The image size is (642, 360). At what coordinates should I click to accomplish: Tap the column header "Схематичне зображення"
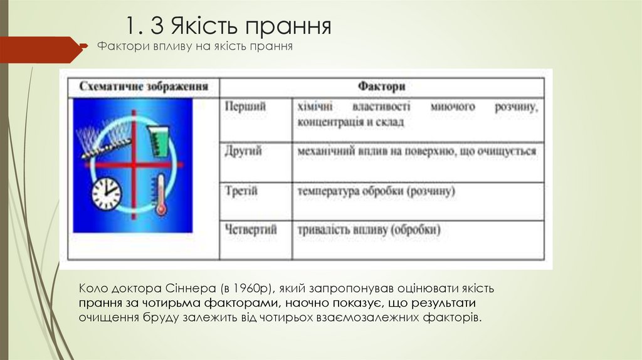(144, 86)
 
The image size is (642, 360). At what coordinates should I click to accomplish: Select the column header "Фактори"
(381, 86)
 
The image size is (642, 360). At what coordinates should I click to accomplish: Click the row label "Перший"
(245, 107)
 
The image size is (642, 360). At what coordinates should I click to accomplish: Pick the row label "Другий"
(244, 151)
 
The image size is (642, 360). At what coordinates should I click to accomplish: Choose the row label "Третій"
(241, 191)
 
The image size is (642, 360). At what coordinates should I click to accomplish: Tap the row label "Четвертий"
(251, 230)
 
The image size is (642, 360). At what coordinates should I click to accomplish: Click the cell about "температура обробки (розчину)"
(376, 191)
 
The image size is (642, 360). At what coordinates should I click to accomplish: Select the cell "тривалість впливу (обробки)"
(369, 230)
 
